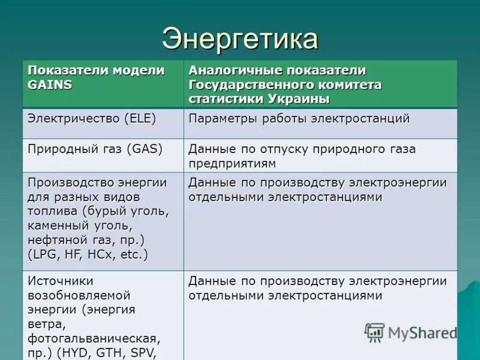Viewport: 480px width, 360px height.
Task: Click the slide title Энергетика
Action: (x=239, y=39)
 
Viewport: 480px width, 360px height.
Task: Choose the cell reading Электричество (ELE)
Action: (x=92, y=118)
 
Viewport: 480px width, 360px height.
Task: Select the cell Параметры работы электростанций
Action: (x=299, y=118)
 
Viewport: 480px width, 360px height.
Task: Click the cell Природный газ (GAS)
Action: (x=95, y=149)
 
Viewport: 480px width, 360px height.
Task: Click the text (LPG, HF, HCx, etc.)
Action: (x=88, y=254)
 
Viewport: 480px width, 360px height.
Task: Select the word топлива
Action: (x=52, y=211)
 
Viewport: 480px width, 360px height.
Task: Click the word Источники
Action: (x=60, y=281)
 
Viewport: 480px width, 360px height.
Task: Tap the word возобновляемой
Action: (x=79, y=295)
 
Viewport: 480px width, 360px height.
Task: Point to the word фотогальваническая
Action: (x=94, y=338)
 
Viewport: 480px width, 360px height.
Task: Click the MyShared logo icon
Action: (x=374, y=332)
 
